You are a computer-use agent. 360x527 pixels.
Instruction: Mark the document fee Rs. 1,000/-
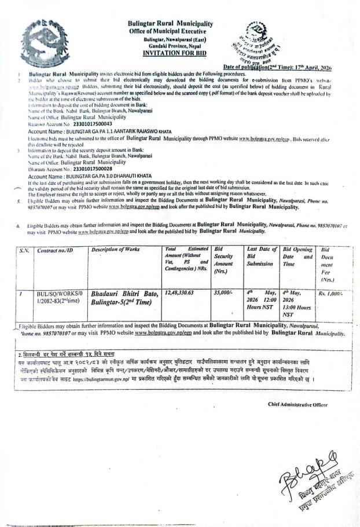(330, 294)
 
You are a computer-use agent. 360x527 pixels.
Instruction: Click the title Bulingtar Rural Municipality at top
(170, 24)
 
